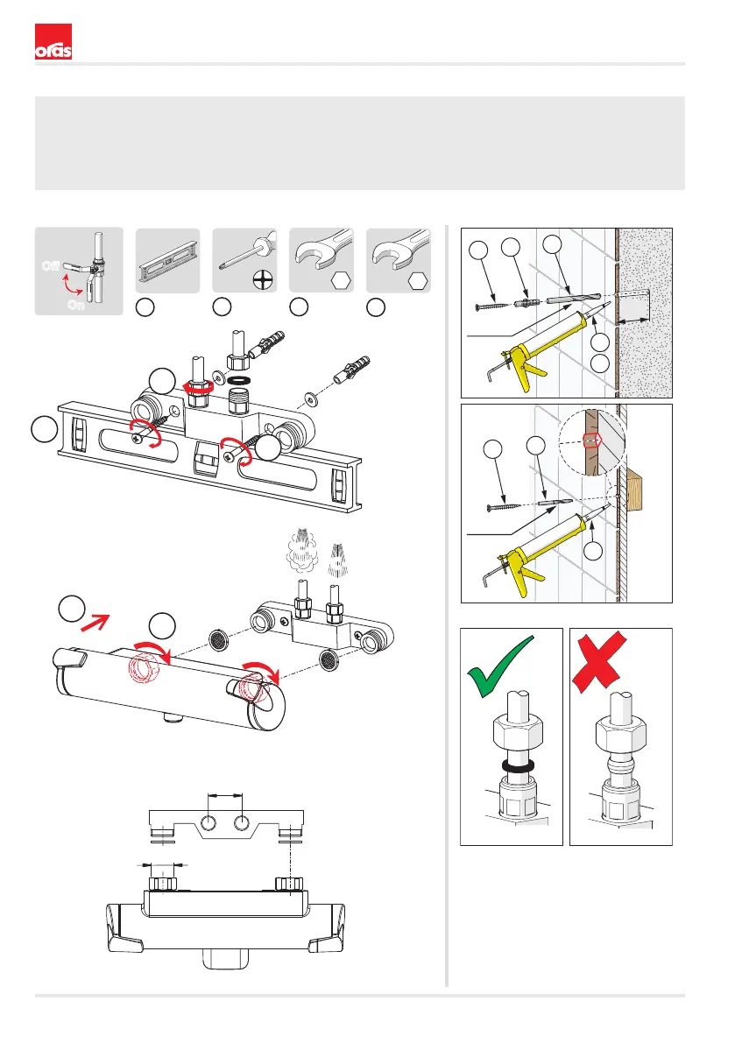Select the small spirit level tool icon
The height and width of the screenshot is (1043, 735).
[x=172, y=262]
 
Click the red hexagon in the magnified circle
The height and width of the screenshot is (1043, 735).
[x=593, y=439]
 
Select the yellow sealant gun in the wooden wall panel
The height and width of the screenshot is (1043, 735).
[x=534, y=547]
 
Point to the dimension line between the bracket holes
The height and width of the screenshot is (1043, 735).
[x=224, y=794]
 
